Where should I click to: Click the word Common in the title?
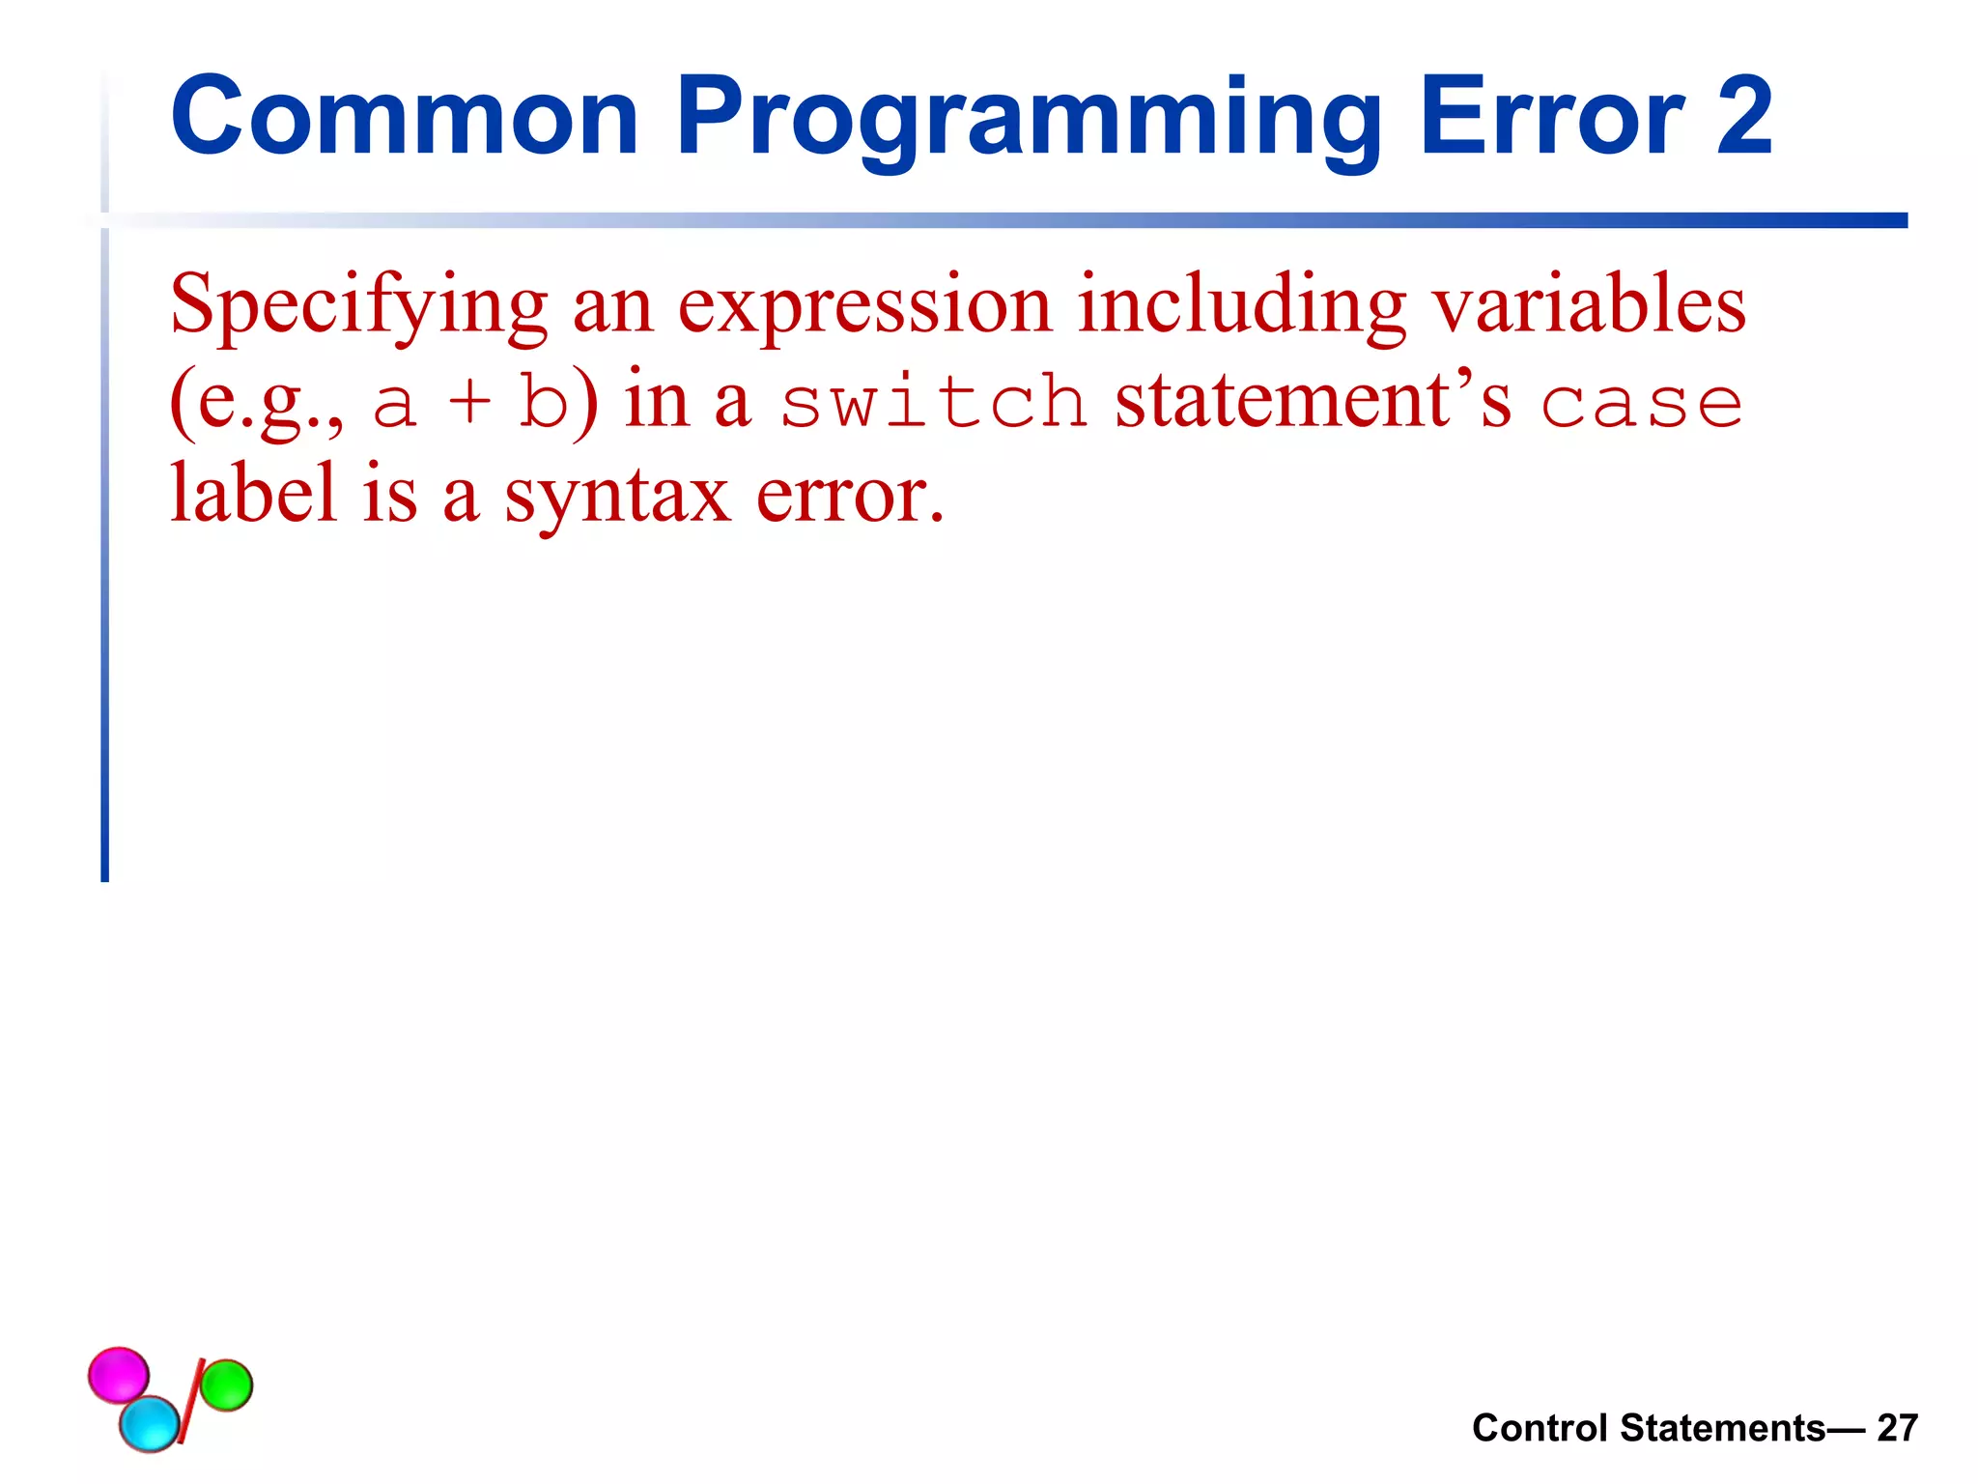coord(404,118)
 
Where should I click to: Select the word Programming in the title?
coord(1027,118)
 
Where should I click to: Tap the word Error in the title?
coord(1551,118)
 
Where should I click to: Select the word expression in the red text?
coord(864,307)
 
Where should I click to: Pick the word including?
coord(1241,305)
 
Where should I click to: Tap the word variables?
coord(1589,305)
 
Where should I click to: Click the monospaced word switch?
coord(933,402)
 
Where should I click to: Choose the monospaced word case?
coord(1641,404)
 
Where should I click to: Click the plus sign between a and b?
coord(470,404)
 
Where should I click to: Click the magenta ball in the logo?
coord(118,1373)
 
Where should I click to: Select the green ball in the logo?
coord(226,1384)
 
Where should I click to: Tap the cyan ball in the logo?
coord(150,1423)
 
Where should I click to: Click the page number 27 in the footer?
coord(1897,1428)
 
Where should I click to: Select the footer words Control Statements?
coord(1648,1428)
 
